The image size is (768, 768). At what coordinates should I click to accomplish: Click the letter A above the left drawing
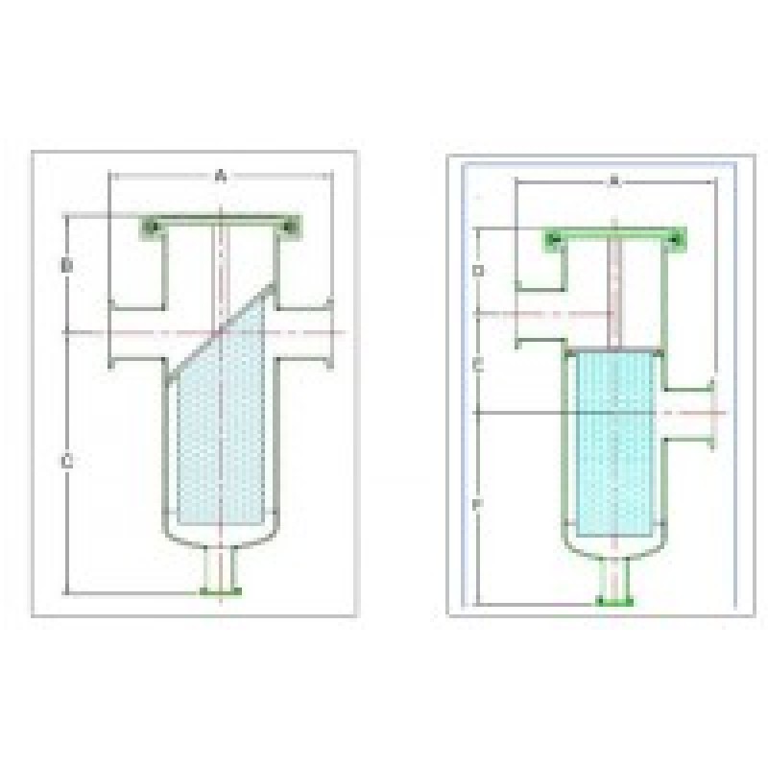[x=221, y=175]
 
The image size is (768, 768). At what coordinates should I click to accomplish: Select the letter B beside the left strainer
[x=66, y=265]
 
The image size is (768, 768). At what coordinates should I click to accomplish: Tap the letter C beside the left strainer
[x=66, y=462]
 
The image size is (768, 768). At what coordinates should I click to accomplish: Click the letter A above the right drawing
[x=614, y=180]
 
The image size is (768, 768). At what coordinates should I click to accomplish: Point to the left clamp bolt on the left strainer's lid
[x=150, y=227]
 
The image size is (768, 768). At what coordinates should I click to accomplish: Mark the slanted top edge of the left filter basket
[x=221, y=331]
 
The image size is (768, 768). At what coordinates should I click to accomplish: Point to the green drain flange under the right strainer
[x=614, y=601]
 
